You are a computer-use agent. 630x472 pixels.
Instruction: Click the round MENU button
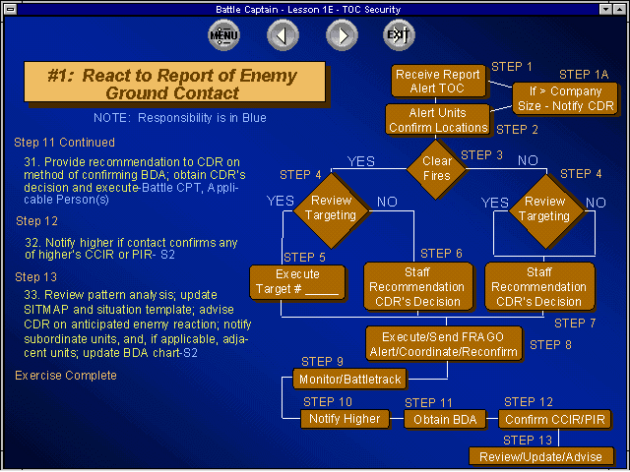pos(223,35)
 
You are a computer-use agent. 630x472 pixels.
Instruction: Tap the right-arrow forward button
pos(342,35)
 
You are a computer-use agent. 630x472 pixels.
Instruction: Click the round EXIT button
pos(399,35)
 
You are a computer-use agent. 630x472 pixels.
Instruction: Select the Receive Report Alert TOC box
pos(438,81)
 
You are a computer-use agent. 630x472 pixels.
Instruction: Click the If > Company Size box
pos(565,98)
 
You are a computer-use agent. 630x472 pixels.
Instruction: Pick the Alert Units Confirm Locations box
pos(437,120)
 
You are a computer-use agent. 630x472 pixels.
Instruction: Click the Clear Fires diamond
pos(437,168)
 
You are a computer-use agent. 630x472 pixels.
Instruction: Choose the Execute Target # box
pos(297,282)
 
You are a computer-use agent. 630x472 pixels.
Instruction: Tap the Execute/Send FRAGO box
pos(444,344)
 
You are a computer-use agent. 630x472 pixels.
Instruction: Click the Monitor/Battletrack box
pos(350,379)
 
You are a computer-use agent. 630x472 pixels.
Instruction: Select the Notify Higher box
pos(345,419)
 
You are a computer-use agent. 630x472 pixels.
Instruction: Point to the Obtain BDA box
pos(445,420)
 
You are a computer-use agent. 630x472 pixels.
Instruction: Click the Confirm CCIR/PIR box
pos(555,420)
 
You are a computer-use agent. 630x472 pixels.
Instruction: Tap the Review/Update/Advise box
pos(541,456)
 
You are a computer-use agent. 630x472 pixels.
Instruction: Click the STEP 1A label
pos(584,75)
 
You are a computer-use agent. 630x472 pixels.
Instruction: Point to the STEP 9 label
pos(322,362)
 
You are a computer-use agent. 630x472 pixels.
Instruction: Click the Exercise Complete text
pos(66,376)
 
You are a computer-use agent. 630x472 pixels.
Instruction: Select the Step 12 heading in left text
pos(37,221)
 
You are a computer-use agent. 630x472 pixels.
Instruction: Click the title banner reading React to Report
pos(174,82)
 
